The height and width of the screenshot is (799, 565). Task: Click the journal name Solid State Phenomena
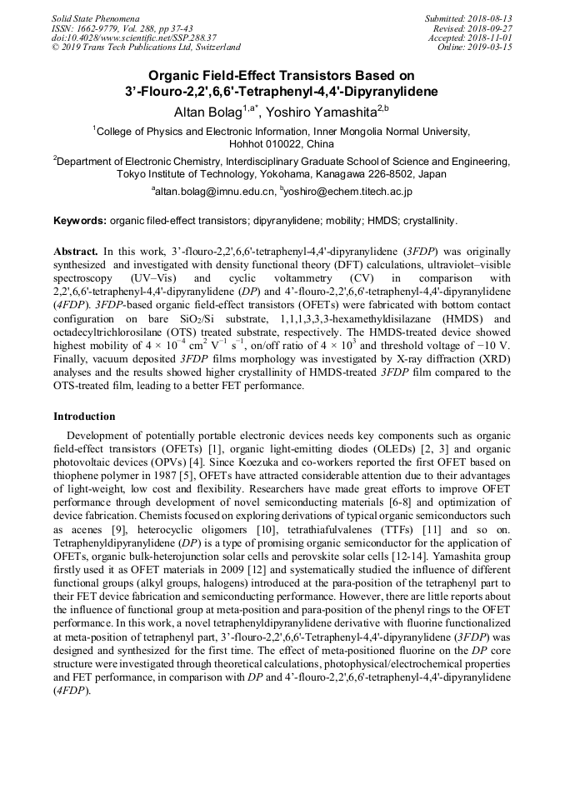pos(95,18)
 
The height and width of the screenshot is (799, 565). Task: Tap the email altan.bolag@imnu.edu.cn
pos(214,192)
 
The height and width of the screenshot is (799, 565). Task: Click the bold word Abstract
pos(75,251)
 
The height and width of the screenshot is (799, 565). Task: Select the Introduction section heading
pos(84,416)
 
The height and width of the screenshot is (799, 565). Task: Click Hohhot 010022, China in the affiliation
pos(281,144)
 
